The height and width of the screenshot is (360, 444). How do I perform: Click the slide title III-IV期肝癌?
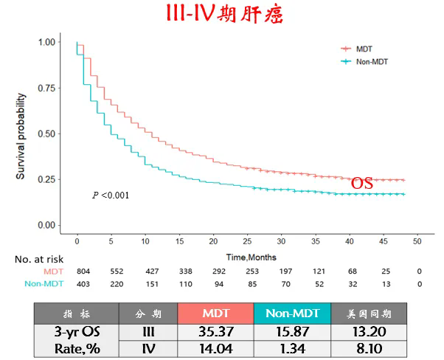click(x=221, y=15)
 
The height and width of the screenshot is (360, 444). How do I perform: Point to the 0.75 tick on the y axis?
click(x=46, y=88)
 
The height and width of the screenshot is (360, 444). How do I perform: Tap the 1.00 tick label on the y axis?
click(x=46, y=42)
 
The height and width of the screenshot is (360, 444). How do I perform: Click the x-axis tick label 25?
click(x=247, y=241)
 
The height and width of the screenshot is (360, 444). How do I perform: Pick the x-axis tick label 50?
click(x=417, y=241)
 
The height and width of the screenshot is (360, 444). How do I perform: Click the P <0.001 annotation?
click(x=111, y=195)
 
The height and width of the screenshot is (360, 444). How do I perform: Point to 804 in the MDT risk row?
click(x=77, y=271)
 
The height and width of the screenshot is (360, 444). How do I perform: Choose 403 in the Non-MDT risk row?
click(x=77, y=283)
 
